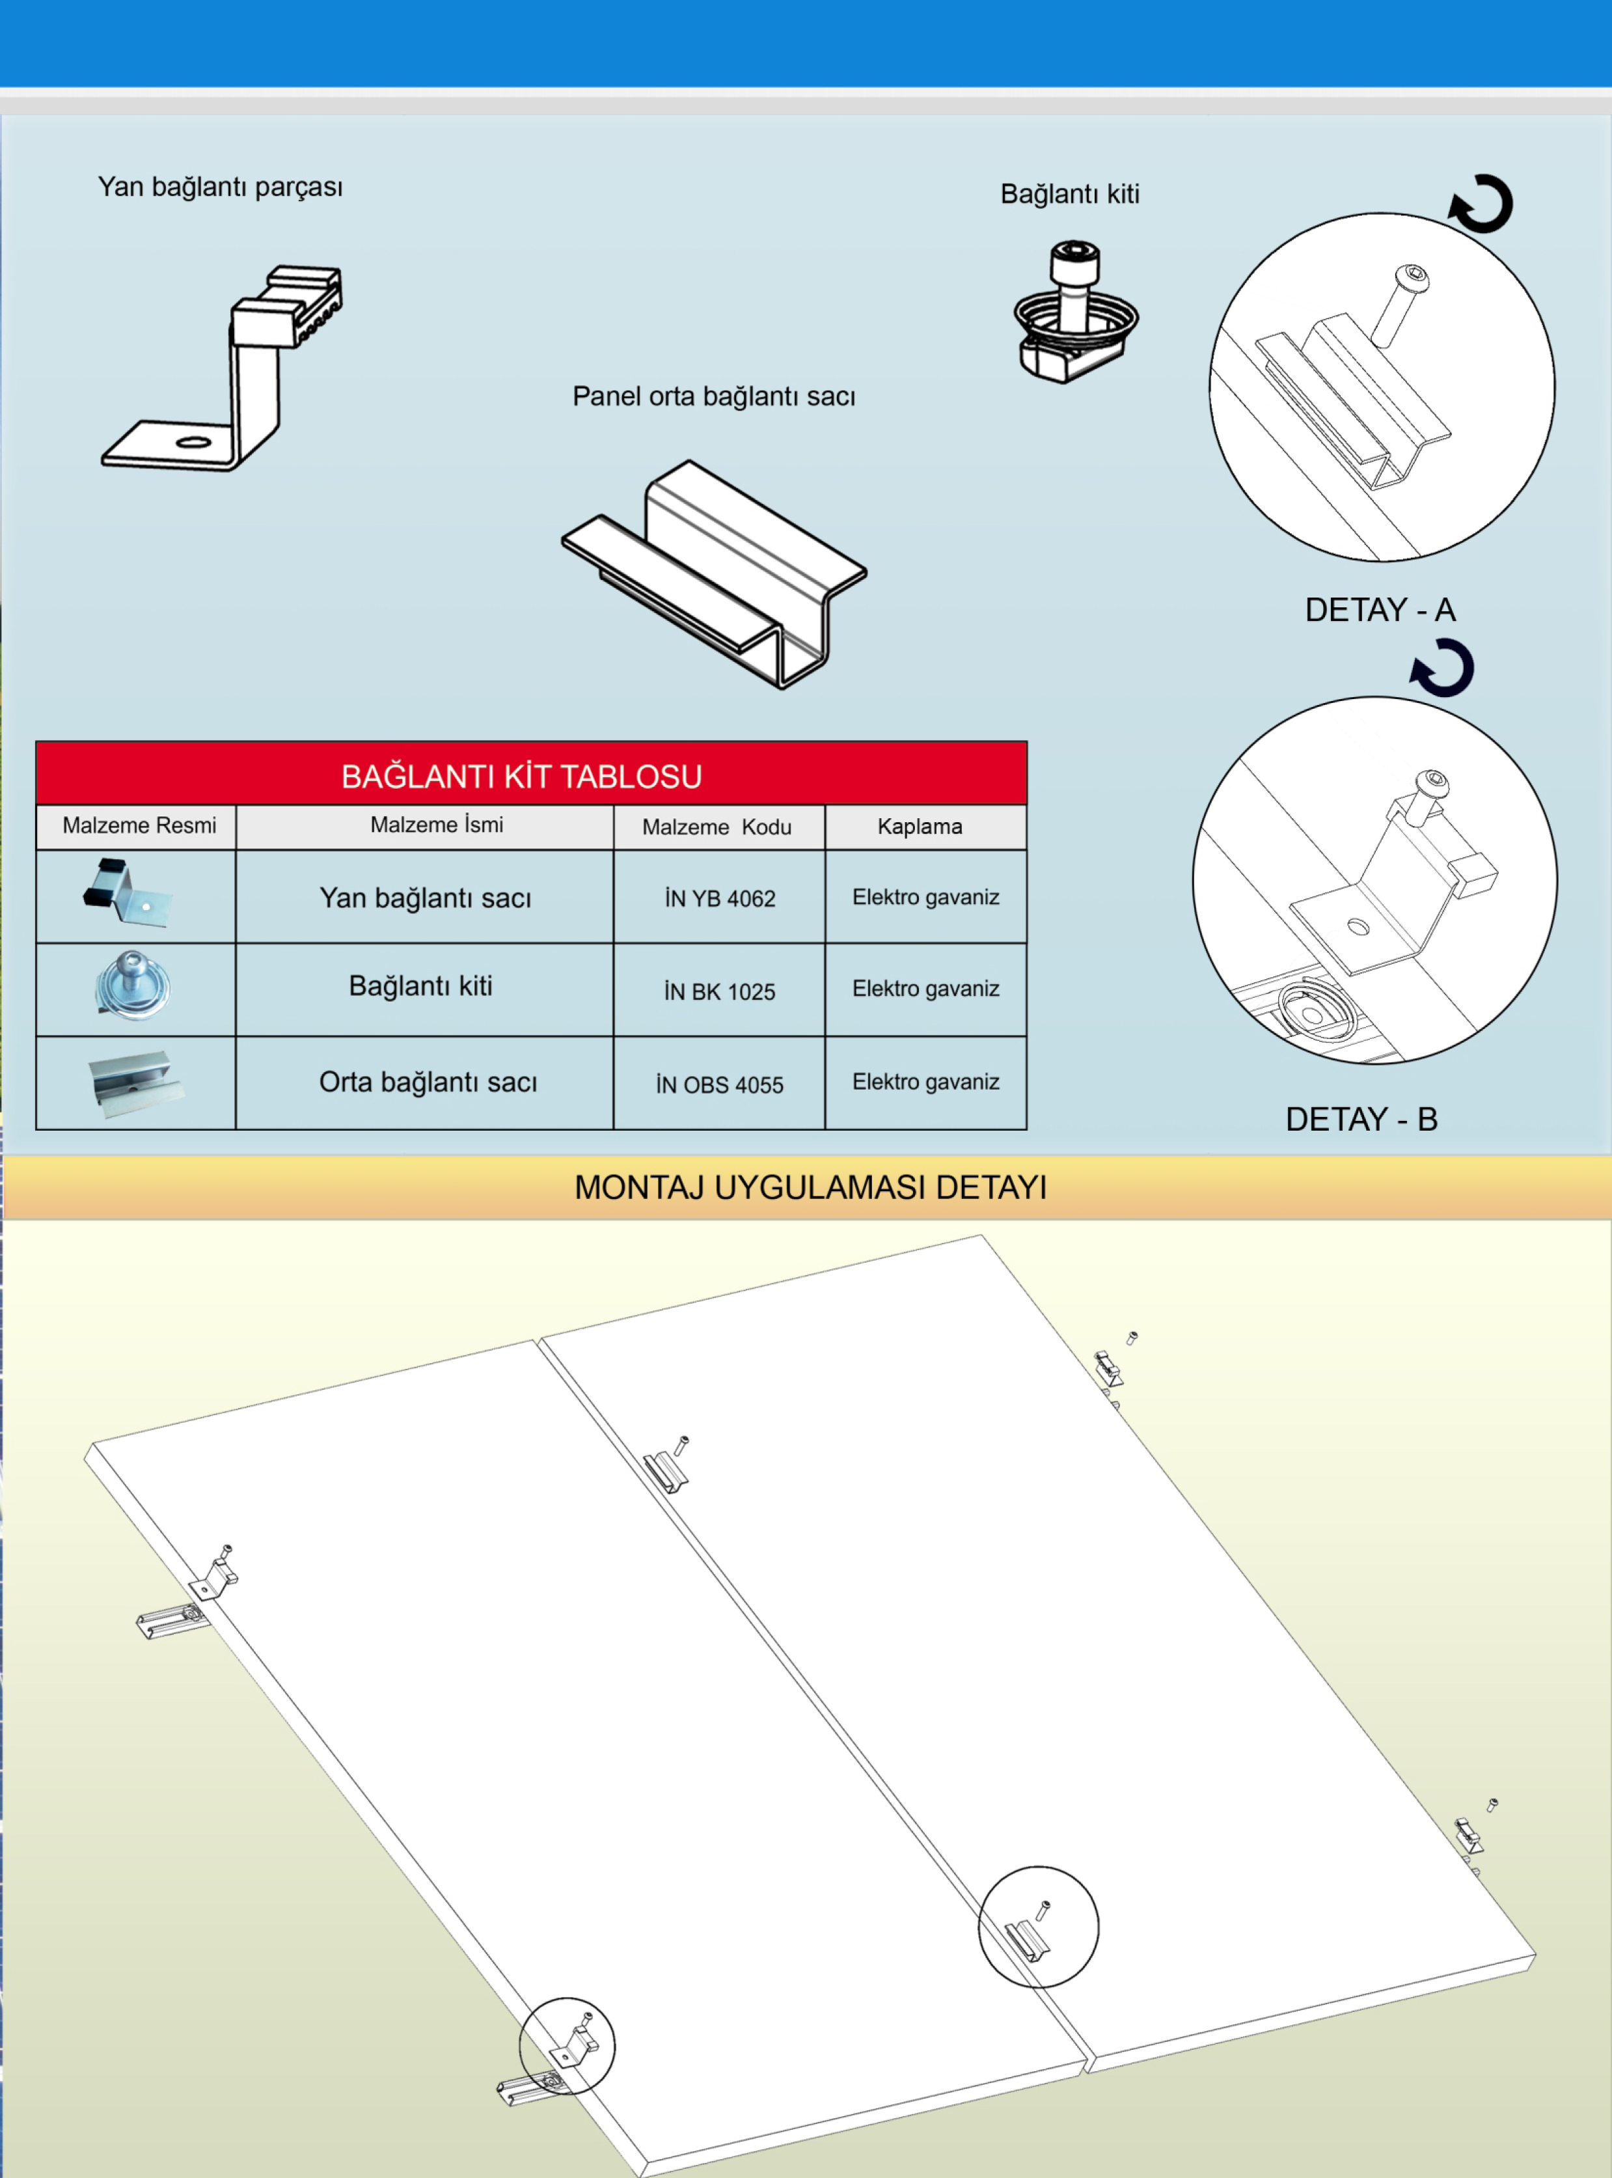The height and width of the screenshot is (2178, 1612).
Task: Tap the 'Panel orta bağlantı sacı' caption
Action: (x=713, y=396)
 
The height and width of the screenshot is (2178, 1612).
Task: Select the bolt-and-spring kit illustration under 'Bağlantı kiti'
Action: (x=1075, y=312)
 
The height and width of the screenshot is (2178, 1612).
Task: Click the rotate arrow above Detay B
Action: (x=1442, y=669)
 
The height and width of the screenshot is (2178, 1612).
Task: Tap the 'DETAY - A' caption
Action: (x=1380, y=610)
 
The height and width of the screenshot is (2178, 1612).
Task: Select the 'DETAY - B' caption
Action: (x=1361, y=1119)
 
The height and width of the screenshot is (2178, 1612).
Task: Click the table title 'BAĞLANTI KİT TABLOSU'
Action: (x=521, y=777)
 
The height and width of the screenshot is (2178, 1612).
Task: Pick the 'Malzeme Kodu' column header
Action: (x=717, y=827)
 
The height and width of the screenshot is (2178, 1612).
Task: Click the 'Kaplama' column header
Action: (x=919, y=827)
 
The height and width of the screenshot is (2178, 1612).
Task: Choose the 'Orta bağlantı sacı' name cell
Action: (x=428, y=1082)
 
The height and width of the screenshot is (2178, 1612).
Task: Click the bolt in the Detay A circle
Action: (x=1400, y=301)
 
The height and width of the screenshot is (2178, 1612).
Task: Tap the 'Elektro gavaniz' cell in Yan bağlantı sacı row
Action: (x=925, y=897)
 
